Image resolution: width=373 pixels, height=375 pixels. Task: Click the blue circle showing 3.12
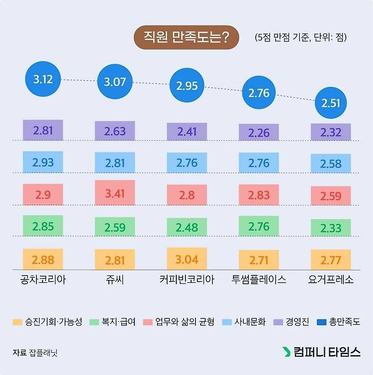point(43,79)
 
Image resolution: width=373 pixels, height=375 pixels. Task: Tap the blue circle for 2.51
point(330,102)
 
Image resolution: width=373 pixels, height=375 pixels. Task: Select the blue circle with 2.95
point(186,86)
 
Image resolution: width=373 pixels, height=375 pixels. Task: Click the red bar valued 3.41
point(115,192)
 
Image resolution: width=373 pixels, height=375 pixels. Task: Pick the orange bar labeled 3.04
point(186,259)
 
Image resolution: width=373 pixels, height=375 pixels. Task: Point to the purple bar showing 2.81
point(43,130)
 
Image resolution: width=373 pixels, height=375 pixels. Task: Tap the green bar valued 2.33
point(330,227)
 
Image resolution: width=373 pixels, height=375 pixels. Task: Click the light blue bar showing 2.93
point(43,162)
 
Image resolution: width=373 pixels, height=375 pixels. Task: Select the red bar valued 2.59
point(330,196)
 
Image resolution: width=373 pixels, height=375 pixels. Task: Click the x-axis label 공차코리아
point(43,279)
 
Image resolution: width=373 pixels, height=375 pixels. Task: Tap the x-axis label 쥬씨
point(115,279)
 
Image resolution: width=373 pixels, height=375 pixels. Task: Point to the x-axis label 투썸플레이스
point(258,279)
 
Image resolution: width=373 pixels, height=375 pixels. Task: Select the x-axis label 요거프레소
point(330,279)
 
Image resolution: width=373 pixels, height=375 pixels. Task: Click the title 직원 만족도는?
point(186,38)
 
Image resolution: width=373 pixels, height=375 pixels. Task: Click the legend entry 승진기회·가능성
point(48,322)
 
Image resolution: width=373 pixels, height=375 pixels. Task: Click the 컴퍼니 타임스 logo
point(321,352)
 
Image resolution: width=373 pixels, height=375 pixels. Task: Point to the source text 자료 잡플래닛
point(35,352)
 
